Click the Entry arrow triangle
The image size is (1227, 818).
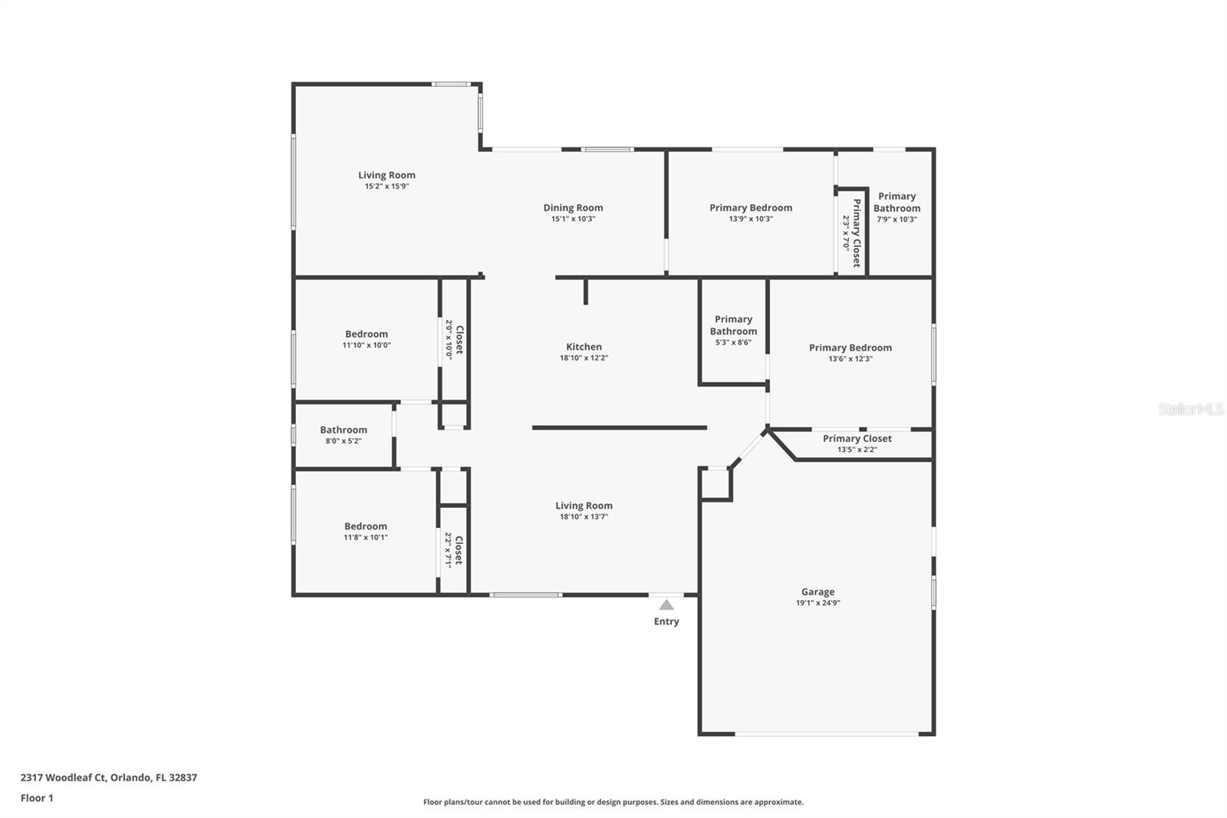666,605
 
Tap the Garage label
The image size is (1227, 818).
817,592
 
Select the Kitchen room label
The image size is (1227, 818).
584,347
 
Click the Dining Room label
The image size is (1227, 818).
573,207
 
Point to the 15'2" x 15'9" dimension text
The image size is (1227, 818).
387,186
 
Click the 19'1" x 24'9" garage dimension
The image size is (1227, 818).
817,603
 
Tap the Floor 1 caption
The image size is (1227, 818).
37,798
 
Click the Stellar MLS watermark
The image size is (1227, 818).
1190,409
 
